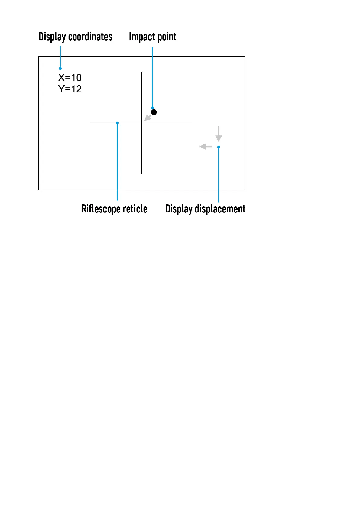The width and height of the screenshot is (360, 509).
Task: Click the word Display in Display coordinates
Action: (x=52, y=37)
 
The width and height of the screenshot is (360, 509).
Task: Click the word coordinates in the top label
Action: (x=90, y=37)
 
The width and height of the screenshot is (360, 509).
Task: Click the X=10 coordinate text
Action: (x=70, y=78)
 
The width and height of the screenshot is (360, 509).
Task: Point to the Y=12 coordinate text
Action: (x=70, y=89)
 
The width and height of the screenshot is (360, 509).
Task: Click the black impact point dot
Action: (x=154, y=112)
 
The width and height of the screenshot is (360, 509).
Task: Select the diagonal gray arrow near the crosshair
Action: (x=148, y=118)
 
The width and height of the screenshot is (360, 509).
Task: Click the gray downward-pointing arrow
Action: (x=219, y=134)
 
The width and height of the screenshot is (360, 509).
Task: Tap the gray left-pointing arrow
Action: (x=206, y=147)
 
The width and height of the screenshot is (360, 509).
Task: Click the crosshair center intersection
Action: (x=142, y=123)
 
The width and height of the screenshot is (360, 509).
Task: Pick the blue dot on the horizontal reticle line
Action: (x=117, y=123)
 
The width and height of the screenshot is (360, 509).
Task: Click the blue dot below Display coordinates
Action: (x=60, y=69)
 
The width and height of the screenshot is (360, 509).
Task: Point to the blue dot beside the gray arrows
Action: (x=219, y=147)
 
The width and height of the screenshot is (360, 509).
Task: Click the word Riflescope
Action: (x=101, y=209)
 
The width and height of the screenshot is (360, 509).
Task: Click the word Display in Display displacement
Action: (x=179, y=209)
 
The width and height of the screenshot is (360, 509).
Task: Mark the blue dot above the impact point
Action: (x=152, y=108)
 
